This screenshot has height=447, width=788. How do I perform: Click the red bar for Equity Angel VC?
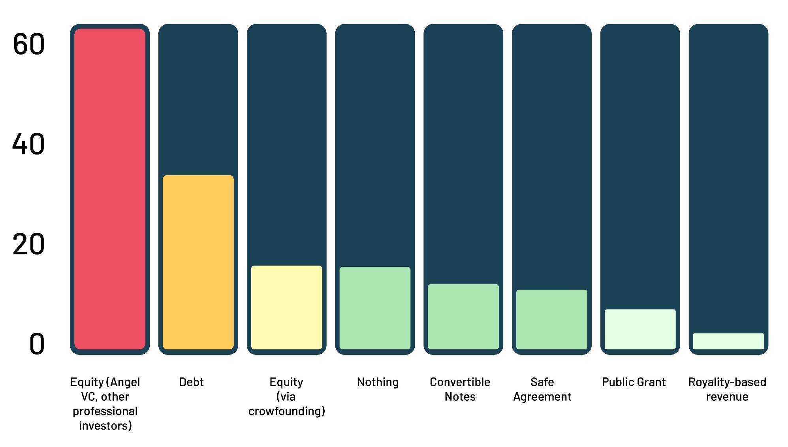tap(110, 189)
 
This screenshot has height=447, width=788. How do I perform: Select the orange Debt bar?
tap(198, 262)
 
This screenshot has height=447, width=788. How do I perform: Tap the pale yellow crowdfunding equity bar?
tap(286, 307)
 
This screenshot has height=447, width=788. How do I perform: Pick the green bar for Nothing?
tap(375, 308)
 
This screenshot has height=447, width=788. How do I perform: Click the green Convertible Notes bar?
tap(463, 317)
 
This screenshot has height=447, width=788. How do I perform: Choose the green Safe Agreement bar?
tap(551, 319)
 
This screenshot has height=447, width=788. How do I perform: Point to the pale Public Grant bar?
tap(640, 329)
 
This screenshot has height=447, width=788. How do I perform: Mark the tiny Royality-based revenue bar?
tap(728, 341)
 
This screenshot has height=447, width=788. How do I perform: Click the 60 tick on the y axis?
tap(28, 44)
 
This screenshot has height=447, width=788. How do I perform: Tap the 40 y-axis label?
tap(28, 144)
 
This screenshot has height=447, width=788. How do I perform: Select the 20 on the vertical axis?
tap(28, 244)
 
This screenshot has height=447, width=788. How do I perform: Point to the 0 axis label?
tap(37, 344)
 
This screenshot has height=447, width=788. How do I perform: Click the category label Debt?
tap(192, 382)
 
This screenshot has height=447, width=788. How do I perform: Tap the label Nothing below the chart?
tap(378, 382)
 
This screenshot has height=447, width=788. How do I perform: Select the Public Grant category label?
tap(634, 382)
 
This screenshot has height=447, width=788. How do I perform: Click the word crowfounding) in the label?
tap(286, 411)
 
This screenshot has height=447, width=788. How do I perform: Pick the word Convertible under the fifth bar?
tap(460, 382)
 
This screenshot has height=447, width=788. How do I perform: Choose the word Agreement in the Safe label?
tap(542, 397)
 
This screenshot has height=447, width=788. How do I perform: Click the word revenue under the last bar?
tap(727, 397)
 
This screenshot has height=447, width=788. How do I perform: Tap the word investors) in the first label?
tap(105, 426)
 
